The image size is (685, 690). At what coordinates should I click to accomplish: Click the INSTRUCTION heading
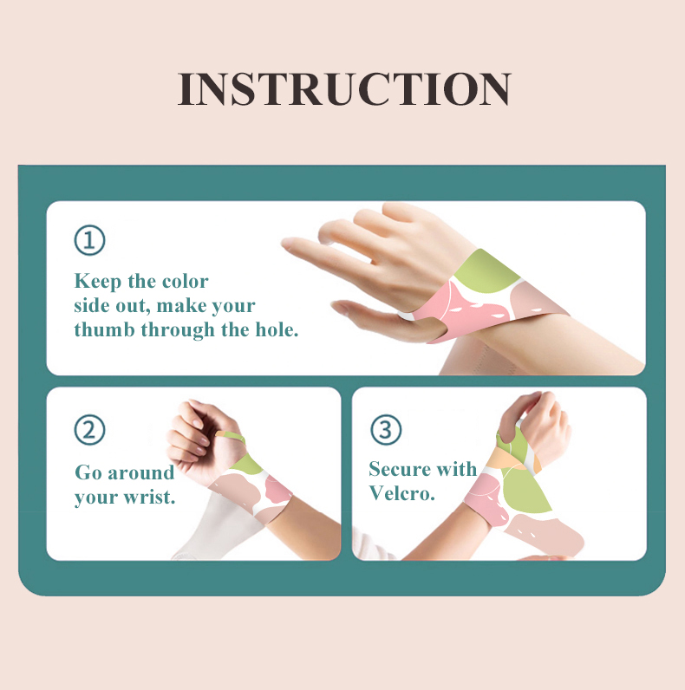[x=344, y=89]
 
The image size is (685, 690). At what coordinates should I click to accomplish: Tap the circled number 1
[x=89, y=240]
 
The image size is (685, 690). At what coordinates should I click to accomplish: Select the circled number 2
[x=89, y=429]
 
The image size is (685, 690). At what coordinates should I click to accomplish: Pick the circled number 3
[x=386, y=429]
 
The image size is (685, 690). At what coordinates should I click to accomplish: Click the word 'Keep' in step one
[x=95, y=282]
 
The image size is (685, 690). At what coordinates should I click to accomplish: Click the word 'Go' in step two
[x=88, y=473]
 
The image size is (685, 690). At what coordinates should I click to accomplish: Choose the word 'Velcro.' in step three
[x=401, y=493]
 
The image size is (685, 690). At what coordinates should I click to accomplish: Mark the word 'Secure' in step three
[x=400, y=470]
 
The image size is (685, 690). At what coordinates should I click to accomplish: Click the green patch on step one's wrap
[x=488, y=270]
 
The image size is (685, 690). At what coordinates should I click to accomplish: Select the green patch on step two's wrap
[x=248, y=464]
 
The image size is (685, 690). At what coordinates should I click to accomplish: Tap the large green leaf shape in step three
[x=525, y=490]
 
